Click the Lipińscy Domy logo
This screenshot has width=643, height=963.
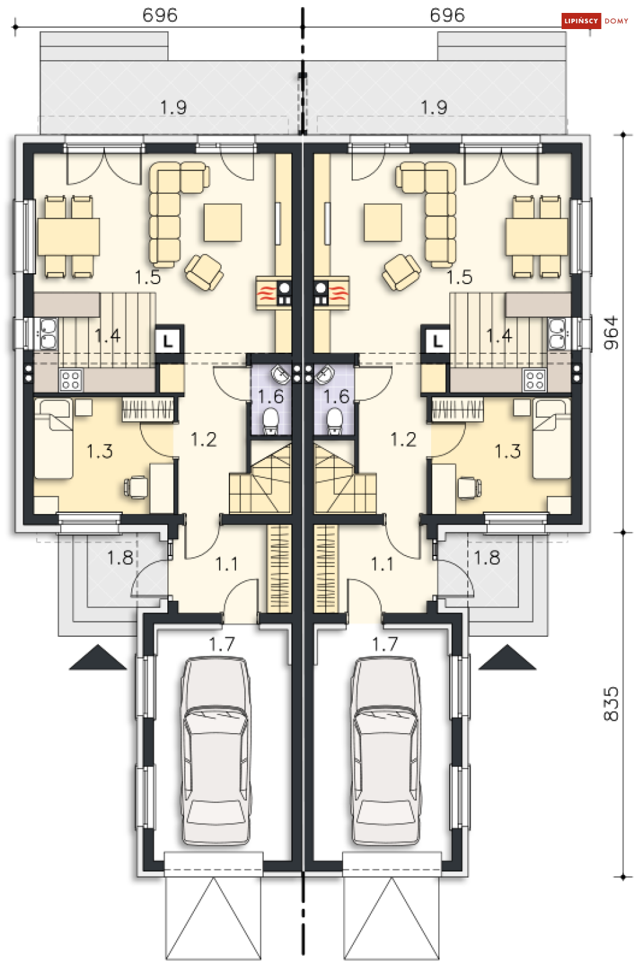coord(595,21)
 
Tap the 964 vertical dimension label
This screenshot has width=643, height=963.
coord(611,333)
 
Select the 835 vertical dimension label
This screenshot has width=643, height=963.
coord(611,703)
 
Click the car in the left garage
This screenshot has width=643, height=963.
coord(216,751)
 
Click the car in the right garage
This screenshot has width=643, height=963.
coord(385,751)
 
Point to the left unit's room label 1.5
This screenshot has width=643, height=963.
coord(147,277)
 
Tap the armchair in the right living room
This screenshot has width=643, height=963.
coord(401,272)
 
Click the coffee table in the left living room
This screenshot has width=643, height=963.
coord(223,222)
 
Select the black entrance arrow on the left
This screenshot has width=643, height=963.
coord(98,658)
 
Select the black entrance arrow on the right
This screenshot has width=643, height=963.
coord(507,658)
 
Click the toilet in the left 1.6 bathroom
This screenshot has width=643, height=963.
coord(271,420)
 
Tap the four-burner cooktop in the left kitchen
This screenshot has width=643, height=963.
coord(70,380)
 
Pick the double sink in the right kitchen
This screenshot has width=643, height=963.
coord(558,333)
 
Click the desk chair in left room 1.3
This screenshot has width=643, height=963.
coord(138,487)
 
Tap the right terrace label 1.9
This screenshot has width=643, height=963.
coord(434,107)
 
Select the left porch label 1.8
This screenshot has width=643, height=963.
coord(120,557)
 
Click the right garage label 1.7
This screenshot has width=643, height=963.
coord(385,644)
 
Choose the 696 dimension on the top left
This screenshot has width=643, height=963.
coord(160,15)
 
